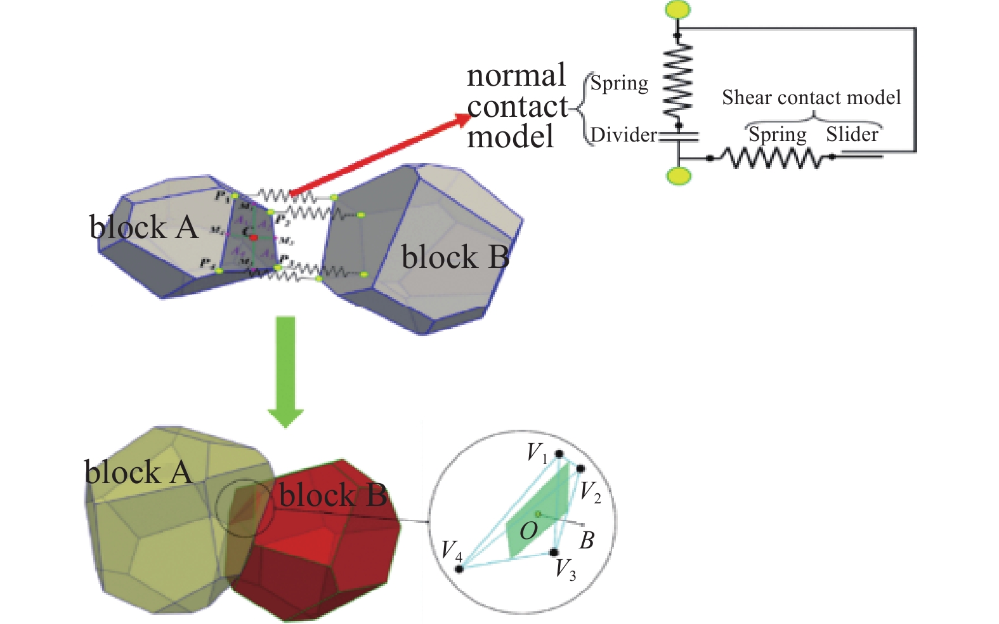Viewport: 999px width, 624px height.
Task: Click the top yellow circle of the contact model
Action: tap(677, 9)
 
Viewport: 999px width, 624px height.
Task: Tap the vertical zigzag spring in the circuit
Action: tap(677, 81)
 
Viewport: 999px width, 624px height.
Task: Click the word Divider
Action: tap(624, 135)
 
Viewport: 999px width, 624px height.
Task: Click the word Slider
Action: tap(852, 135)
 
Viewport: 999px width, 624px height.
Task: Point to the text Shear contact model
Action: tap(811, 97)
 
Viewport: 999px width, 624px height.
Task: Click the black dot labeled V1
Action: tap(559, 454)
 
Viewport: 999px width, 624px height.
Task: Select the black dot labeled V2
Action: tap(580, 468)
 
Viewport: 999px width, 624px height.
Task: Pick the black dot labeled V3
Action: tap(554, 552)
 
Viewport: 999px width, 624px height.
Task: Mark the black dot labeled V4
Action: tap(459, 568)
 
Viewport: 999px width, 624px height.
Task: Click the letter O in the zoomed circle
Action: tap(528, 531)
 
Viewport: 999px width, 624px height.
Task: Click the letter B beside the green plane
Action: tap(587, 541)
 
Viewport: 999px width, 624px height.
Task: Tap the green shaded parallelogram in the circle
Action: tap(539, 508)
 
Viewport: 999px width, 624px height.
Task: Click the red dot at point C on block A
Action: tap(254, 237)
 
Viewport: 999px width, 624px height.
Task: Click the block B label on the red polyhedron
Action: tap(333, 495)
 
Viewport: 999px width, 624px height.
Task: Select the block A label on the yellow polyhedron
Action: tap(138, 472)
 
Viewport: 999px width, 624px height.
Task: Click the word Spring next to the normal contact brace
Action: tap(619, 83)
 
